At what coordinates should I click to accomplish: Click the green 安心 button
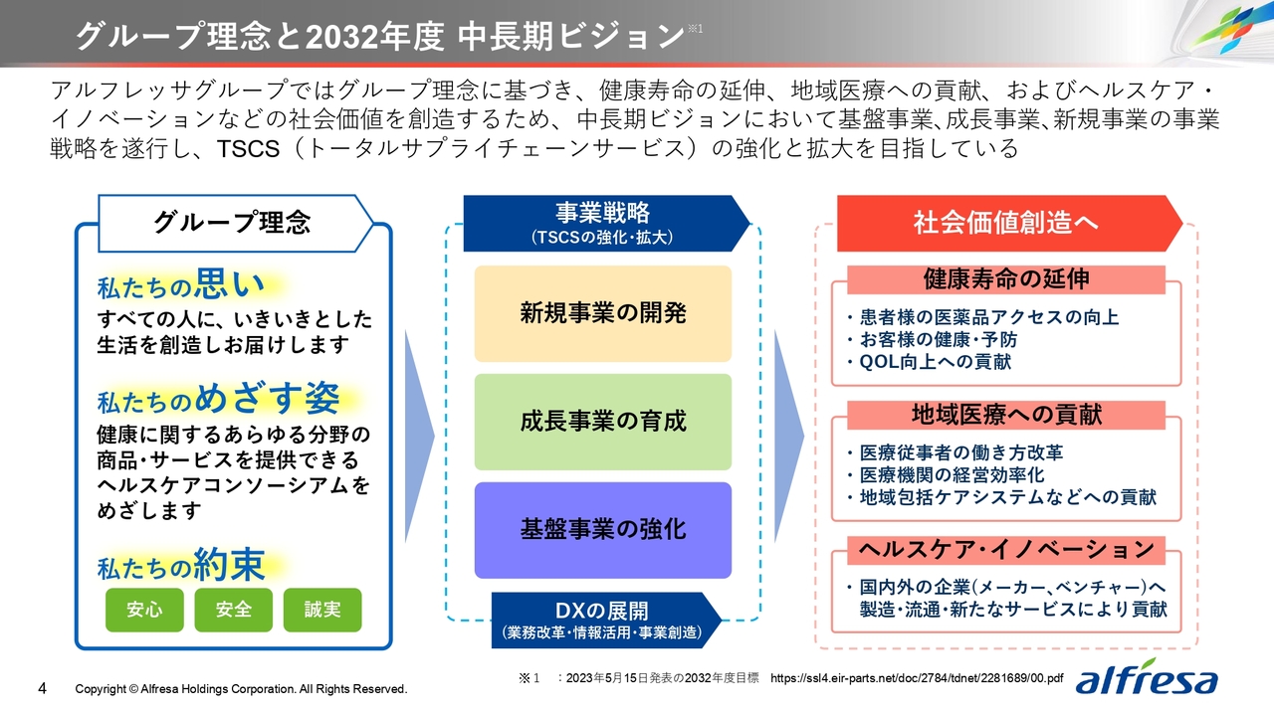pyautogui.click(x=144, y=610)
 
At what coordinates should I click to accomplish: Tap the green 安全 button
pyautogui.click(x=233, y=610)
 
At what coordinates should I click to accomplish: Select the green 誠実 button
pyautogui.click(x=322, y=610)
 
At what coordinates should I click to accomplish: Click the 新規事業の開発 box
pyautogui.click(x=603, y=313)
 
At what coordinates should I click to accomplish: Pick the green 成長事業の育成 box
pyautogui.click(x=603, y=422)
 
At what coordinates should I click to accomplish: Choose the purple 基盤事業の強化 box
pyautogui.click(x=603, y=530)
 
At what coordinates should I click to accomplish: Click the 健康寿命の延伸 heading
pyautogui.click(x=1006, y=279)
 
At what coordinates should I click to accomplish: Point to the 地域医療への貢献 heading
pyautogui.click(x=1006, y=415)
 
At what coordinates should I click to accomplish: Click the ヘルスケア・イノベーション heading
pyautogui.click(x=1006, y=550)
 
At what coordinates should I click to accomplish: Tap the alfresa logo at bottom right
pyautogui.click(x=1146, y=677)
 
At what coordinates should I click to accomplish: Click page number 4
pyautogui.click(x=42, y=689)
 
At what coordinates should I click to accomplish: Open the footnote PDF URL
pyautogui.click(x=917, y=678)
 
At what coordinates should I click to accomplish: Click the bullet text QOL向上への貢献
pyautogui.click(x=935, y=362)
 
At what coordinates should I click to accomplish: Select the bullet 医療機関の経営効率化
pyautogui.click(x=953, y=475)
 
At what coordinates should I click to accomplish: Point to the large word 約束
pyautogui.click(x=229, y=565)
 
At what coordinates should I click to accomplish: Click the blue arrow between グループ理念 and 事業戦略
pyautogui.click(x=419, y=437)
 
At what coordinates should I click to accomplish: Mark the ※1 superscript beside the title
pyautogui.click(x=695, y=29)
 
